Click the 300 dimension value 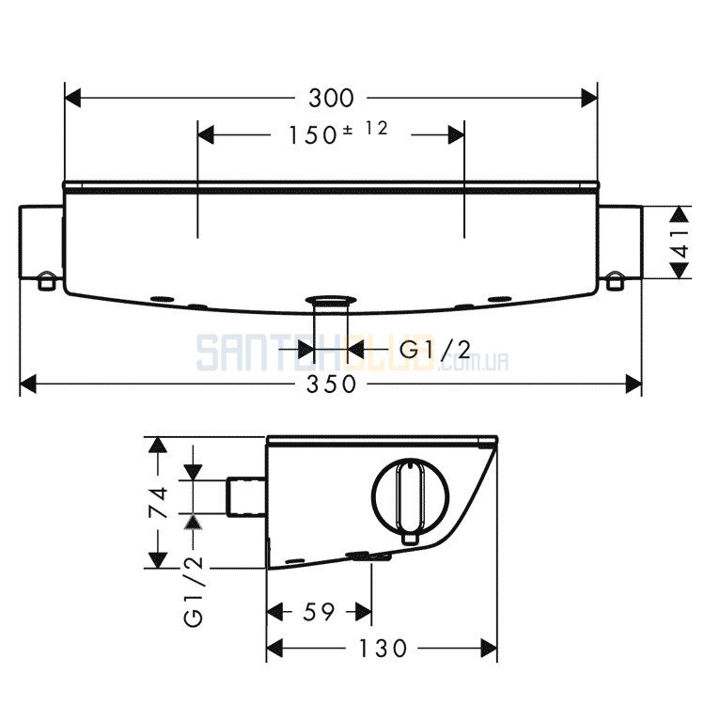pos(332,98)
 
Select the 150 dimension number pos(312,134)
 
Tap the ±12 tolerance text pos(365,129)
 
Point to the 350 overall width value pos(332,384)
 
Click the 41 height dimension pos(681,243)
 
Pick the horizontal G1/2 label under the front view pos(435,351)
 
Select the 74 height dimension pos(158,502)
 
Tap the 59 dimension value pos(319,612)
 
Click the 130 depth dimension pos(383,649)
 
